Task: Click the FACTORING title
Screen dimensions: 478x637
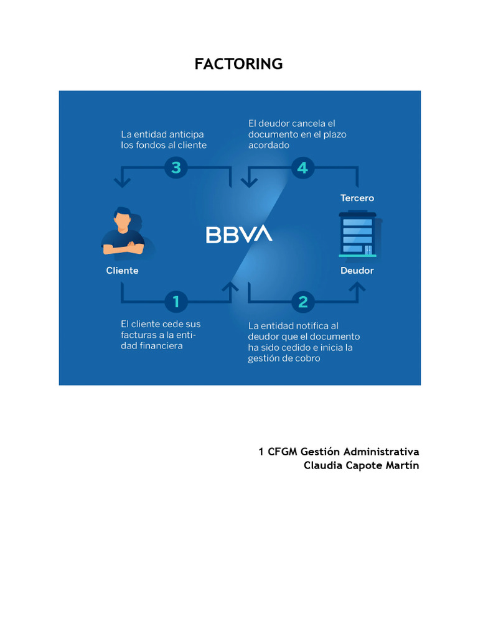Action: click(238, 64)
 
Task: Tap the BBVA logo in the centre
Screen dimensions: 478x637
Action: click(239, 235)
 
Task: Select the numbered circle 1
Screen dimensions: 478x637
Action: click(176, 302)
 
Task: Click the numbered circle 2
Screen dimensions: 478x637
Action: click(303, 302)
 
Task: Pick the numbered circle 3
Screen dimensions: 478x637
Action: click(176, 167)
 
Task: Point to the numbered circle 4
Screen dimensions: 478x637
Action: click(303, 167)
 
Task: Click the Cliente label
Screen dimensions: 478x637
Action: click(122, 271)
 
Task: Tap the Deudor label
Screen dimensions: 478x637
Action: click(357, 271)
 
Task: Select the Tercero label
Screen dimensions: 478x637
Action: click(357, 198)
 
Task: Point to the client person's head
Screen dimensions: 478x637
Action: click(123, 219)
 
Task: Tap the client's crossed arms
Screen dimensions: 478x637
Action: click(123, 248)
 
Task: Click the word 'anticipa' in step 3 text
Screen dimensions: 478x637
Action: click(185, 134)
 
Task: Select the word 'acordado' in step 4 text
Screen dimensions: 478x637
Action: click(269, 145)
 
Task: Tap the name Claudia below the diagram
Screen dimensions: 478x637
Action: click(323, 466)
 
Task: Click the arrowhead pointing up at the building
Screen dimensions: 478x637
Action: click(357, 287)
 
